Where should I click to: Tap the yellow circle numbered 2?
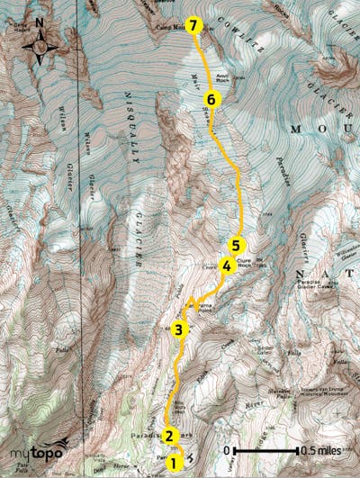[168, 436]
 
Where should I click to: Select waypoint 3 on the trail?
[179, 329]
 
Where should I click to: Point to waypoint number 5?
[236, 244]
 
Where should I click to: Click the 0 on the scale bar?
[228, 450]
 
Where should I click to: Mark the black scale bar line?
[266, 450]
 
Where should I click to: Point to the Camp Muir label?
[166, 27]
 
